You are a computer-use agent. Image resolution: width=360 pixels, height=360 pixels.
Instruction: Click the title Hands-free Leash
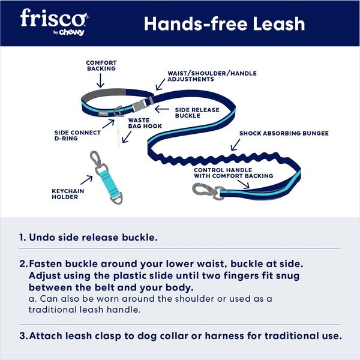(x=224, y=24)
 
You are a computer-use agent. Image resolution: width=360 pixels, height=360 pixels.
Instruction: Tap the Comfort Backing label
(x=101, y=65)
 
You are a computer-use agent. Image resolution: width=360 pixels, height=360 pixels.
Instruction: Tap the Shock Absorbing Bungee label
(x=284, y=133)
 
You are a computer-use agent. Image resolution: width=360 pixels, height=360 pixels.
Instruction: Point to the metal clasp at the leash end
(x=201, y=191)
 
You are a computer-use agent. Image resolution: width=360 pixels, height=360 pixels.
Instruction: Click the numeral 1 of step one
(x=22, y=238)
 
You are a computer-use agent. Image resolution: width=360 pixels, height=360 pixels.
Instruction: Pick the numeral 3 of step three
(x=23, y=335)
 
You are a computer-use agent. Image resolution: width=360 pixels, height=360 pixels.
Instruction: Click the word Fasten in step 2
(x=47, y=263)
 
